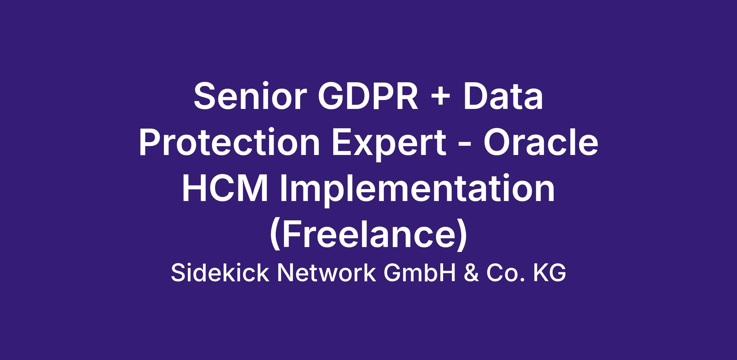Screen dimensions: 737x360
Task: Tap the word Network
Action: coord(326,273)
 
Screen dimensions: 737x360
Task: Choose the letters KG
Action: coord(549,273)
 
